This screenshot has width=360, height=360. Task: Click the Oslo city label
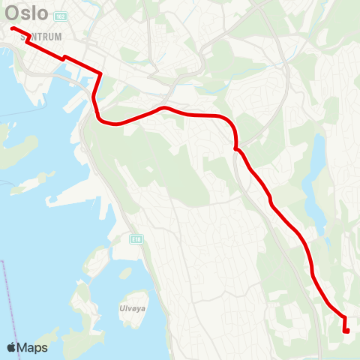click(x=27, y=13)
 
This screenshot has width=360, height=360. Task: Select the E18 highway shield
click(x=136, y=239)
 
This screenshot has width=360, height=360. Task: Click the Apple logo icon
click(x=12, y=347)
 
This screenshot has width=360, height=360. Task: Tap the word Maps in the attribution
click(x=32, y=347)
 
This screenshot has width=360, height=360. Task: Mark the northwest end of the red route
click(x=13, y=28)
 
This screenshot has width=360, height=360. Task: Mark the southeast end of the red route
click(x=346, y=330)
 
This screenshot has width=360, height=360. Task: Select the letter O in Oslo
click(x=13, y=13)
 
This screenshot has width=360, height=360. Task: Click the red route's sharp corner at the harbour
click(x=100, y=73)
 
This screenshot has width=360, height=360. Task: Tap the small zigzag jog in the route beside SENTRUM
click(x=28, y=39)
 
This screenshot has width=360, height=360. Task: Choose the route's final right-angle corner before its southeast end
click(x=344, y=318)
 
